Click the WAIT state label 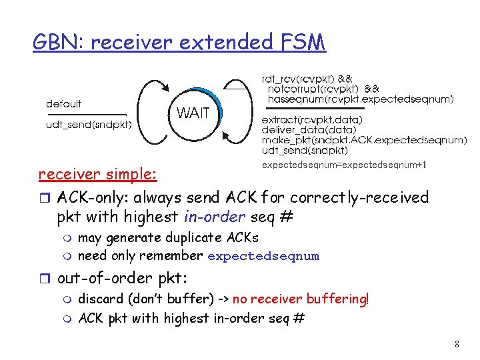coord(193,113)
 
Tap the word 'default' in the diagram coord(64,104)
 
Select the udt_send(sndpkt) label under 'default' coord(89,124)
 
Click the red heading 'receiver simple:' coord(98,175)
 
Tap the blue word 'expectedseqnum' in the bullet coord(263,256)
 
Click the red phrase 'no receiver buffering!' coord(301,299)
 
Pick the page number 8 coord(457,345)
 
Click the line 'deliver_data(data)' coord(309,130)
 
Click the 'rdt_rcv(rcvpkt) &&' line coord(307,78)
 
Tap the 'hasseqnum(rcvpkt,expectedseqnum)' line coord(361,99)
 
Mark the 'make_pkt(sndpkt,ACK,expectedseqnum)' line coord(364,140)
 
